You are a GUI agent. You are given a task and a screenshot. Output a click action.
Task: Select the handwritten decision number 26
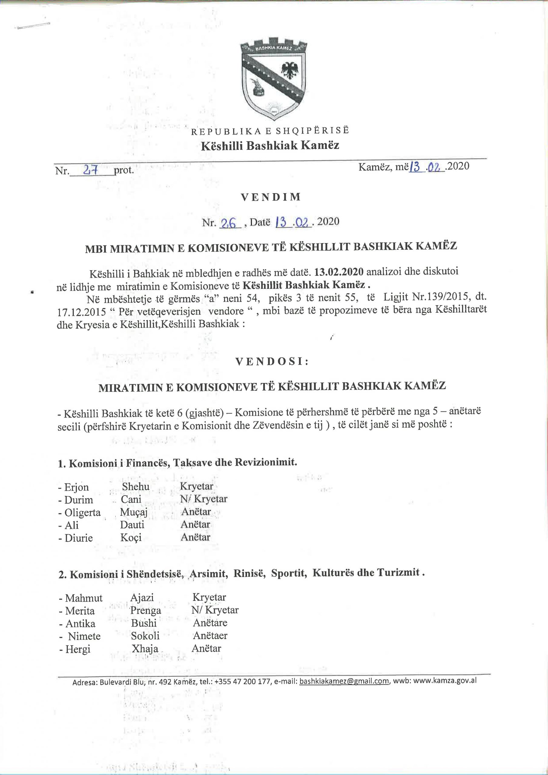coord(229,223)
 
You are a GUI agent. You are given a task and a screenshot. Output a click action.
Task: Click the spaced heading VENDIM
coord(270,197)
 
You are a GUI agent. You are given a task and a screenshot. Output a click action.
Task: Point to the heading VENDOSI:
coord(272,362)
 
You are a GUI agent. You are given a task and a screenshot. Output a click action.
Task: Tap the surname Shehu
coord(136,486)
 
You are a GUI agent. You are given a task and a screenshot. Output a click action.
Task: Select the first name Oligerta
coord(82,513)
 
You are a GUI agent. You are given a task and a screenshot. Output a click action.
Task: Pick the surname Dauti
coord(132,525)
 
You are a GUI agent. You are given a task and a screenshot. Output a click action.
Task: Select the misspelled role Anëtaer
coord(210,636)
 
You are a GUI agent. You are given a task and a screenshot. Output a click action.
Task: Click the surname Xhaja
coord(145,648)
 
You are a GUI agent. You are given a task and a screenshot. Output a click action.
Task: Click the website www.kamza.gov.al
coord(445,680)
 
